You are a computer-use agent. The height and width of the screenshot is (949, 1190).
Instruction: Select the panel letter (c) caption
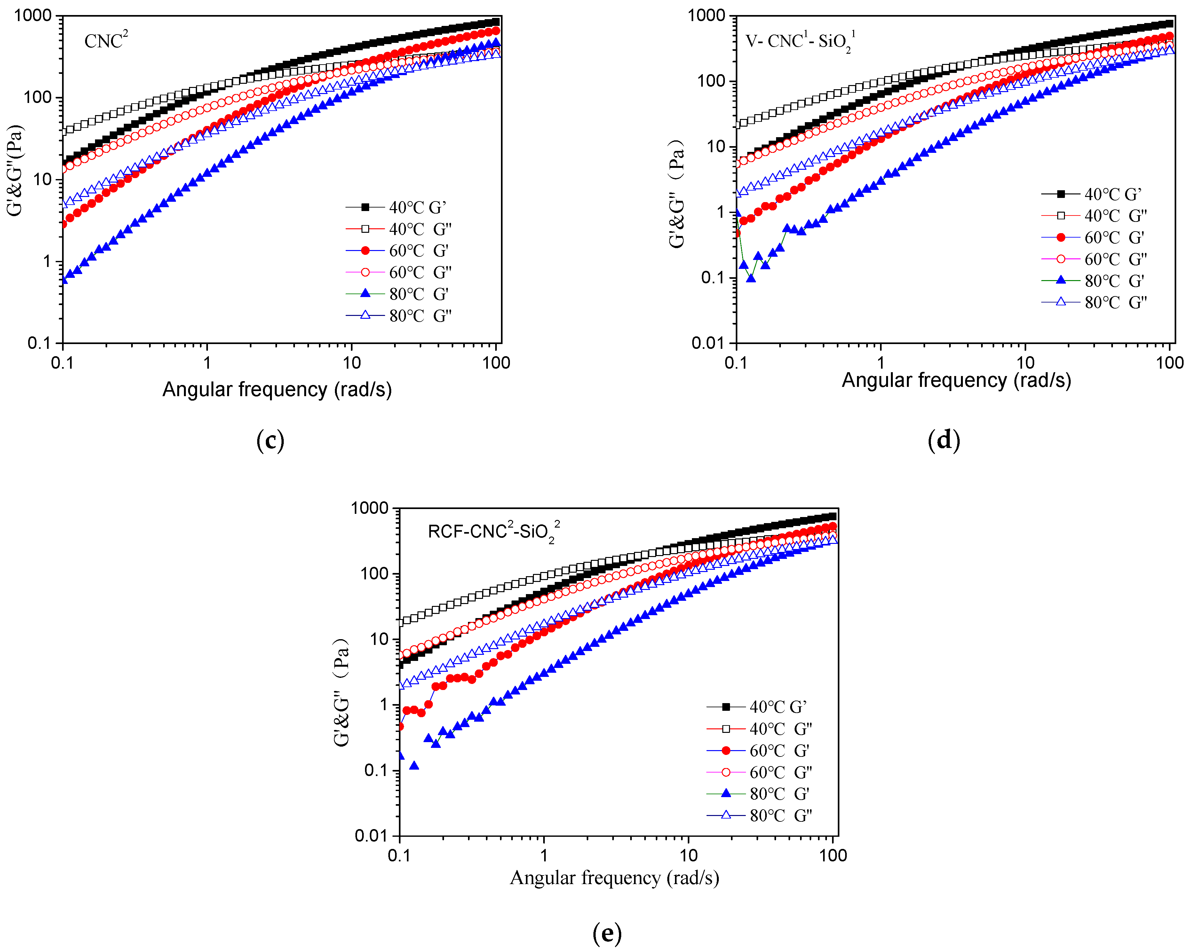[x=270, y=441]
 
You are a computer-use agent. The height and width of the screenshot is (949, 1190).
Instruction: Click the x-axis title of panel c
[x=277, y=389]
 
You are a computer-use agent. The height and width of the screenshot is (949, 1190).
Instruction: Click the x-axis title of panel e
[x=614, y=878]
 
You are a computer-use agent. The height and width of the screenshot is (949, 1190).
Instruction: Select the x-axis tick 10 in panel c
[x=352, y=363]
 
